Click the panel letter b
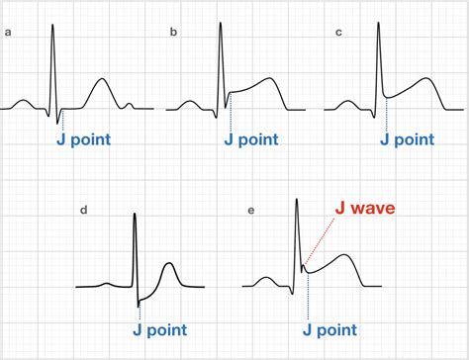[x=173, y=34]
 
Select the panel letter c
[x=340, y=34]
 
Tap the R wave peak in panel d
[x=136, y=214]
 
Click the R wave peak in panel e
[x=298, y=201]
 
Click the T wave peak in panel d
[x=170, y=263]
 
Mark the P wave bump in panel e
[x=265, y=279]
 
